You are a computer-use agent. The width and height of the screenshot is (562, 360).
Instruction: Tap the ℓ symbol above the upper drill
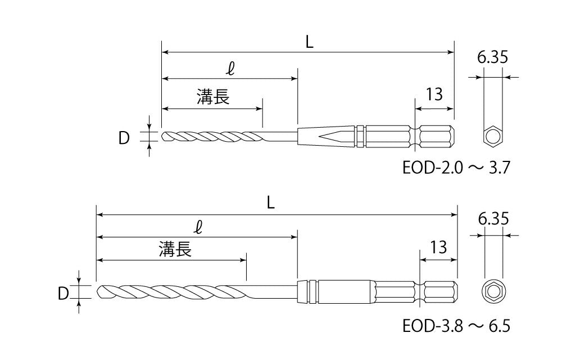pos(230,70)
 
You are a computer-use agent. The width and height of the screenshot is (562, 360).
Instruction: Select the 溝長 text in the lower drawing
pos(175,249)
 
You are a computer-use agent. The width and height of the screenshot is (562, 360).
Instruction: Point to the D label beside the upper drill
pos(124,137)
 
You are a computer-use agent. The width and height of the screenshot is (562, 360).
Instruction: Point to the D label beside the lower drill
pos(64,292)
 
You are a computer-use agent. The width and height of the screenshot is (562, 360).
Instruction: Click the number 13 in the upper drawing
pos(434,94)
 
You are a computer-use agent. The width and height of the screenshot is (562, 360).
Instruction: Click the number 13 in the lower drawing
pos(438,246)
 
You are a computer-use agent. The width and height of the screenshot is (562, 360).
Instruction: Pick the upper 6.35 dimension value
pos(493,58)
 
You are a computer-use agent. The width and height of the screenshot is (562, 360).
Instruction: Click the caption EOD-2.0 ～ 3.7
pos(455,168)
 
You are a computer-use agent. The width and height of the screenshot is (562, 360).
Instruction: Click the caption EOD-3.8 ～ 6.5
pos(456,326)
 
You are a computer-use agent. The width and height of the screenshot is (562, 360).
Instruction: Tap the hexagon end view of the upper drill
pos(493,137)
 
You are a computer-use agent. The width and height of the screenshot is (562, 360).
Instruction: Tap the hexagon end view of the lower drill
pos(493,291)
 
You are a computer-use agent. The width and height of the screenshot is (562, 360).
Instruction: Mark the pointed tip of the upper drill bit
pos(164,137)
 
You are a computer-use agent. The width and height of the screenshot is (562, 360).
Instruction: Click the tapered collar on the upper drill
pos(326,136)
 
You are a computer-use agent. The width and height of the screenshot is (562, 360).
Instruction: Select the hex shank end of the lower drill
pos(441,291)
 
